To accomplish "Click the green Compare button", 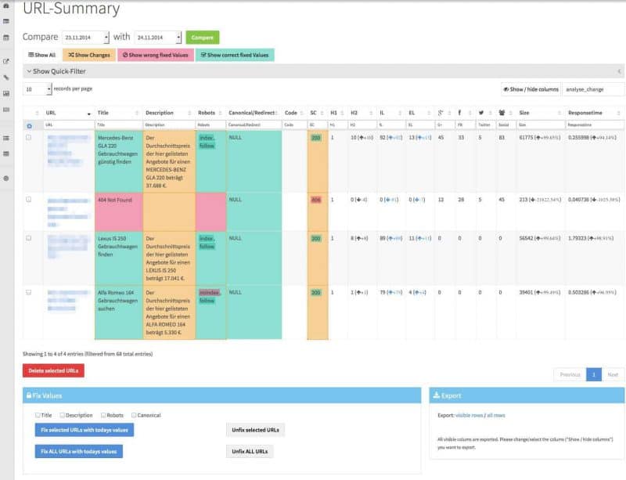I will (202, 37).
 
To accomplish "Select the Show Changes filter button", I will (89, 55).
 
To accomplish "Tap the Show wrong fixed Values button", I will (155, 55).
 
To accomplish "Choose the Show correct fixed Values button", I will (234, 55).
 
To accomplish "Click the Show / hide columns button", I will (531, 89).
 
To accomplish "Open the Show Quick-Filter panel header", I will (59, 71).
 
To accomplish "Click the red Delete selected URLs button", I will (53, 370).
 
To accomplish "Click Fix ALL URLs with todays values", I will (78, 451).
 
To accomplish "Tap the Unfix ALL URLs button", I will (250, 452).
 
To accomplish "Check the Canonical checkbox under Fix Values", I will (135, 415).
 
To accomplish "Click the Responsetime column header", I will (585, 113).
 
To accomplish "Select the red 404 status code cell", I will (316, 200).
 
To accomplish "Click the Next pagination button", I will (613, 375).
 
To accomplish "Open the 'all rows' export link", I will (497, 415).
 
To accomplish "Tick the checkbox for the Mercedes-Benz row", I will (29, 137).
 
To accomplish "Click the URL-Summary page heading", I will (71, 9).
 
